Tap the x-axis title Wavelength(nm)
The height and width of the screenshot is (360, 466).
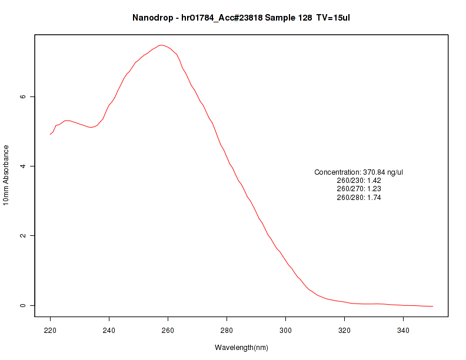[x=241, y=348]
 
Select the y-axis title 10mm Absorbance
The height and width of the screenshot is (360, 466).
[x=6, y=175]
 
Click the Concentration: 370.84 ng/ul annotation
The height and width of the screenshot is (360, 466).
[x=359, y=172]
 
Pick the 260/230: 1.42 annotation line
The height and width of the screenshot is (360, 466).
[x=359, y=181]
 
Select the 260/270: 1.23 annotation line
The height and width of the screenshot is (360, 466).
[x=359, y=189]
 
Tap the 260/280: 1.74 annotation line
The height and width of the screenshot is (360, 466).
[x=359, y=198]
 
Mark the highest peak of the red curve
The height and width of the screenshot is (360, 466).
[x=161, y=45]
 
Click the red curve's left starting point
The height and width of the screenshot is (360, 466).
[x=51, y=135]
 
